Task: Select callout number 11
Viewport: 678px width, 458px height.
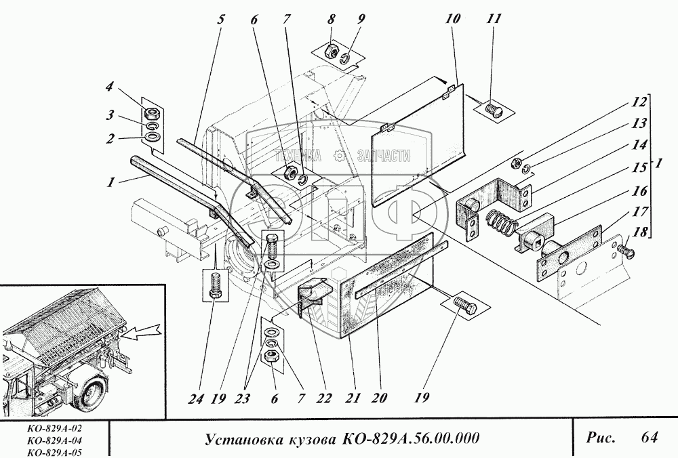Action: pos(494,19)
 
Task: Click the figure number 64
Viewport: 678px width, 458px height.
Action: pos(649,438)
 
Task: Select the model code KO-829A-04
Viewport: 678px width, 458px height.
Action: pos(52,440)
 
